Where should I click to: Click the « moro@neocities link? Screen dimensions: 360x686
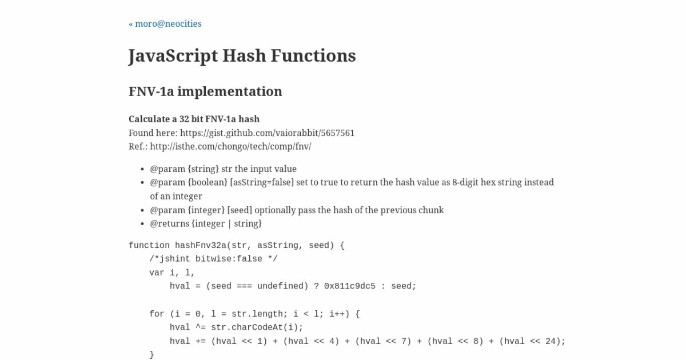tap(165, 24)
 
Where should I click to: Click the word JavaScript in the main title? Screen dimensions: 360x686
tap(173, 56)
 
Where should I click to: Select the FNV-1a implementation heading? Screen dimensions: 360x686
tap(205, 91)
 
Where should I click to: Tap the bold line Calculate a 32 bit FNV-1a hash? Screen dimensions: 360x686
tap(194, 119)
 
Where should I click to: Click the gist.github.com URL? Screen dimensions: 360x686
tap(267, 133)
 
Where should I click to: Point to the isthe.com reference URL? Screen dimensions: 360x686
tap(230, 146)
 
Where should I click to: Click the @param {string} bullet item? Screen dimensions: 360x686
tap(223, 169)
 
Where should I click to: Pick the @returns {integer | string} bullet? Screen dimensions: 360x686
tap(206, 223)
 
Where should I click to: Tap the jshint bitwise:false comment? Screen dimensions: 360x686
tap(213, 259)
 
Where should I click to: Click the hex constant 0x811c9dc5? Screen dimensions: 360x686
tap(350, 286)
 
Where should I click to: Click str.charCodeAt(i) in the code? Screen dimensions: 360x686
tap(257, 327)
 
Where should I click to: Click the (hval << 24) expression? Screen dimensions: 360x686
tap(532, 341)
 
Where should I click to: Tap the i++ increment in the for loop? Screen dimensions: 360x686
tap(337, 314)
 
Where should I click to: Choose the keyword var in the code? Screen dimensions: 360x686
tap(157, 273)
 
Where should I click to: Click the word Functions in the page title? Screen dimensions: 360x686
tap(313, 56)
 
